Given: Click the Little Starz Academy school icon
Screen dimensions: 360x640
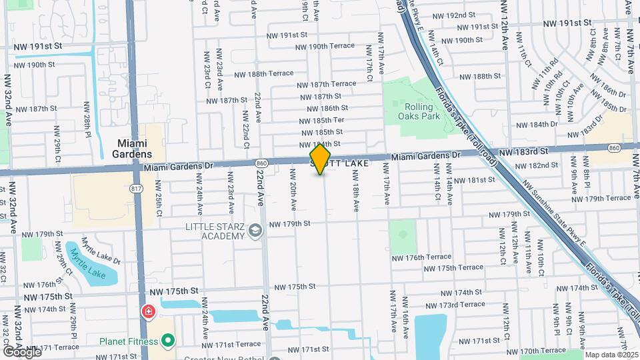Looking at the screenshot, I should [254, 231].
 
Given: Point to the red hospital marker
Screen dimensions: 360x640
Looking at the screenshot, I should [147, 311].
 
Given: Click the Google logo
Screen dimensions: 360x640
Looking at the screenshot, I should [21, 351].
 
